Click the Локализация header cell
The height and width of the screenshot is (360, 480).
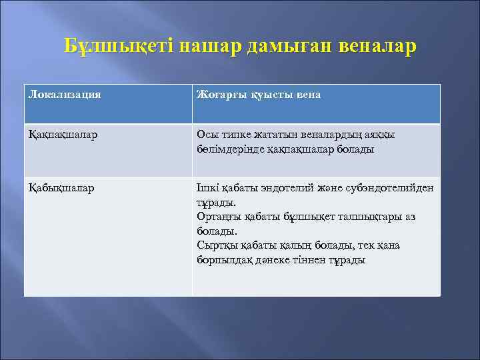65,95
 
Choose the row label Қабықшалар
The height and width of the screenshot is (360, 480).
61,188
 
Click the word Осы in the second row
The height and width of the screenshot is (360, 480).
207,135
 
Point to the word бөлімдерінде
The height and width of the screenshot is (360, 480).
230,149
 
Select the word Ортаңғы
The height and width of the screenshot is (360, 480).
219,217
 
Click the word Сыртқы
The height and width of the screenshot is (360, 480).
216,245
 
